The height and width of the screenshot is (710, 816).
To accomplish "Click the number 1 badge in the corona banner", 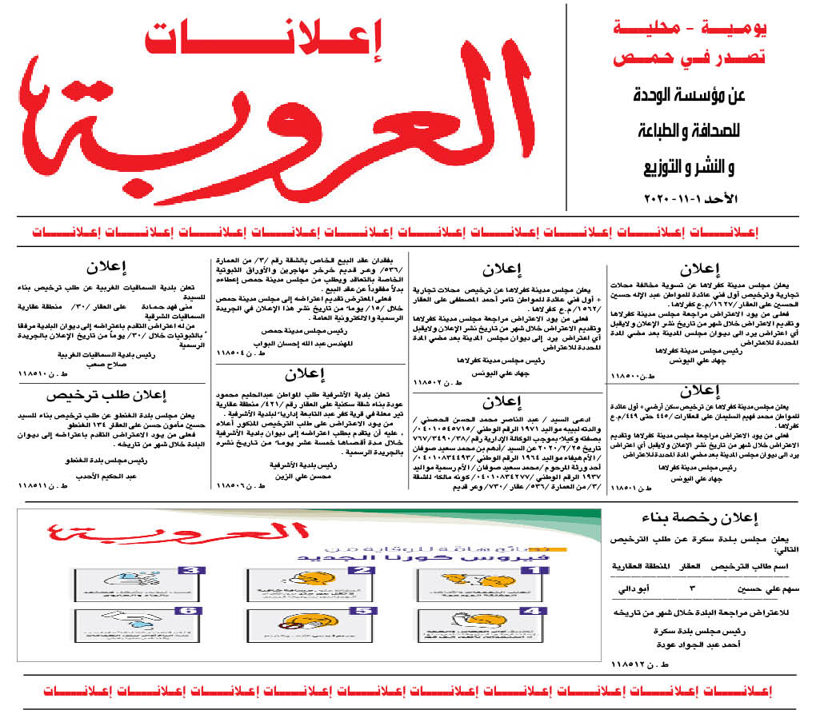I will tap(538, 569).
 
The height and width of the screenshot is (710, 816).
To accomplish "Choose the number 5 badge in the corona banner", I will tap(363, 611).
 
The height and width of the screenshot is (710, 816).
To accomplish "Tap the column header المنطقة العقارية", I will tap(640, 566).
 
